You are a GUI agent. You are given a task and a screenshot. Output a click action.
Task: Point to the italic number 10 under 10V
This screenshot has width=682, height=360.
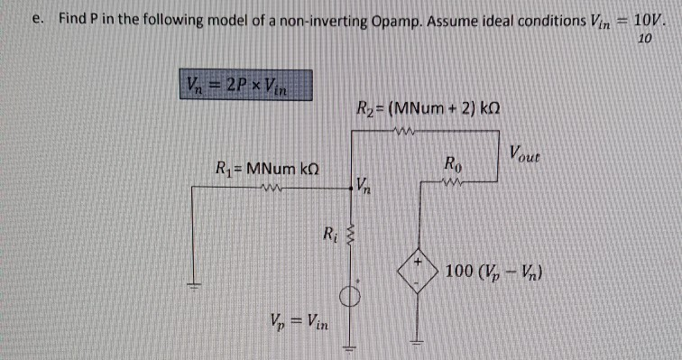[x=643, y=39]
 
